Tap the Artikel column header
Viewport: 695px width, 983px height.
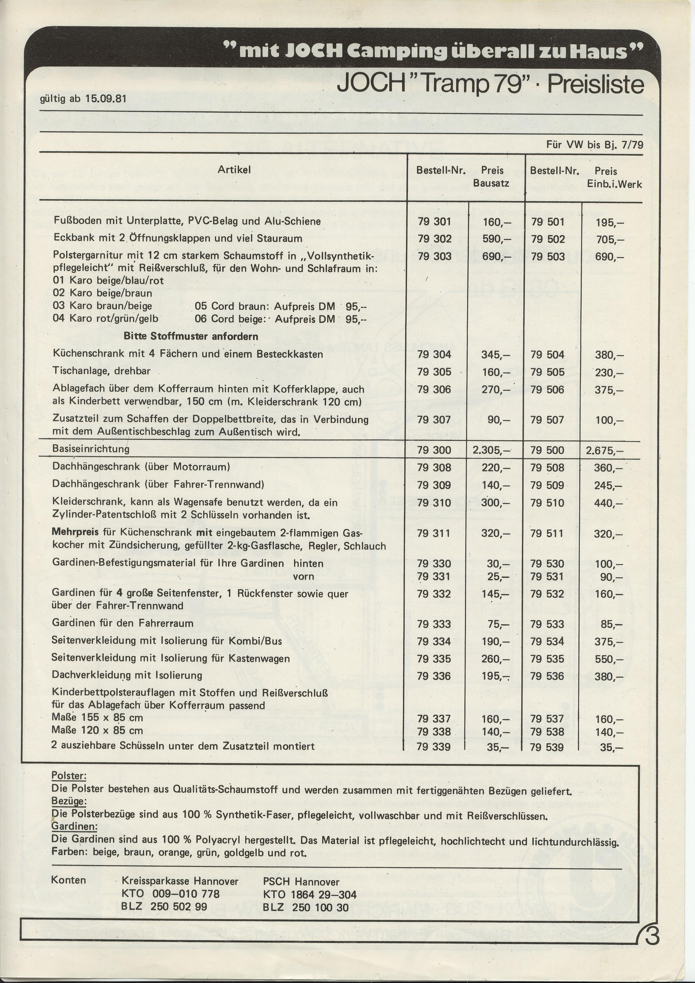tap(234, 170)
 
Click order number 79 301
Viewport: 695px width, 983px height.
tap(434, 222)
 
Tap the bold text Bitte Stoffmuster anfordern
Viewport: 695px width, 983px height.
tap(191, 337)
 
